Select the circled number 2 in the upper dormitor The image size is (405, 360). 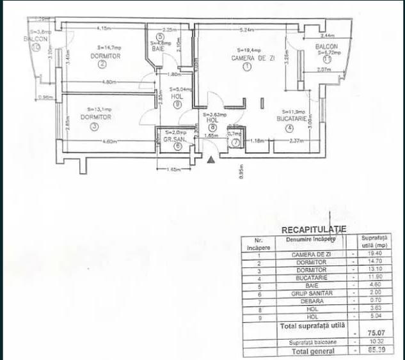click(x=101, y=63)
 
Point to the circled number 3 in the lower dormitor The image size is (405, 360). click(x=94, y=127)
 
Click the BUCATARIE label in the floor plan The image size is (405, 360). click(x=293, y=118)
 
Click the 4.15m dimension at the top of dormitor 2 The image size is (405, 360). click(x=104, y=28)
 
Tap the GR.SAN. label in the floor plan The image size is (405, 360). click(x=173, y=139)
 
